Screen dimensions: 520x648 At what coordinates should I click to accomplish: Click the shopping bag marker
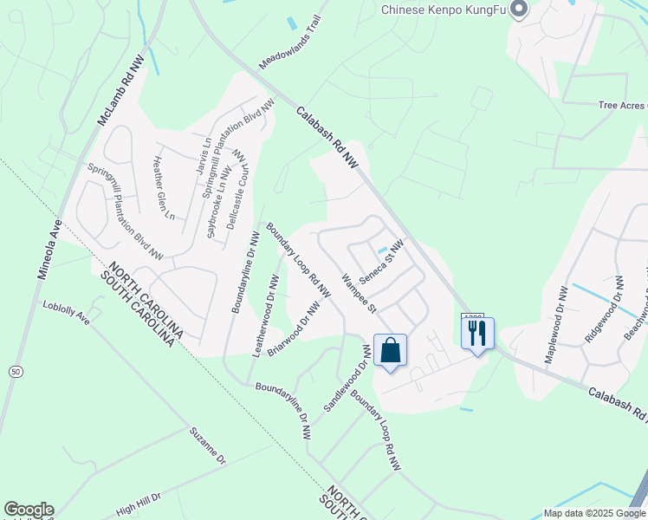[x=391, y=351]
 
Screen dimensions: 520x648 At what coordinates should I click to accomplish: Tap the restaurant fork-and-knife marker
[x=477, y=334]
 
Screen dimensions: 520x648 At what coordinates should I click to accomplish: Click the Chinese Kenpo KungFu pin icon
[x=519, y=10]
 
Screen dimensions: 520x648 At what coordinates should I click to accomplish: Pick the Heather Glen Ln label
[x=165, y=186]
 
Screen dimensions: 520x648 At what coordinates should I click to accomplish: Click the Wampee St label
[x=358, y=293]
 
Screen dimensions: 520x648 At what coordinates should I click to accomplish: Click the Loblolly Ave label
[x=67, y=312]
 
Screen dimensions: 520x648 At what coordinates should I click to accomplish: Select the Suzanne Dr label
[x=208, y=445]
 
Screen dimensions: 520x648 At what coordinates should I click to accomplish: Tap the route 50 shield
[x=15, y=371]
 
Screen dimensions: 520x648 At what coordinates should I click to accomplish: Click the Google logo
[x=29, y=510]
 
